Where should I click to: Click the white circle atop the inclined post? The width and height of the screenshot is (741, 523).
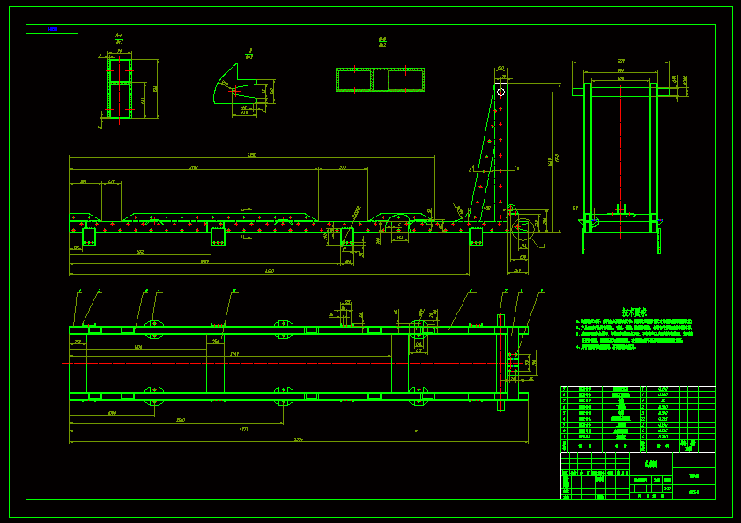pos(500,92)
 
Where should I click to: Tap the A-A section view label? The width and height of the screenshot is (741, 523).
pos(119,38)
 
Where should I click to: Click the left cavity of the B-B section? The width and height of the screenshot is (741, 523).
pos(354,80)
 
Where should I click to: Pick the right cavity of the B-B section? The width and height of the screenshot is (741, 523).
pos(404,80)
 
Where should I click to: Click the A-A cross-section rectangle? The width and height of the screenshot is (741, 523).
pos(119,88)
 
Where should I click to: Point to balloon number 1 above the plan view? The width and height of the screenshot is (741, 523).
pos(80,290)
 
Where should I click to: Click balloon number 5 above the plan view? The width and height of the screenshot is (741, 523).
pos(234,290)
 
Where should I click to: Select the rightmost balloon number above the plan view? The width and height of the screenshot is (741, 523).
pos(541,290)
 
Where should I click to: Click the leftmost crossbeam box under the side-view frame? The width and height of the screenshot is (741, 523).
pos(89,236)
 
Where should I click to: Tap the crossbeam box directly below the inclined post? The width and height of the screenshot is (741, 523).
pos(477,236)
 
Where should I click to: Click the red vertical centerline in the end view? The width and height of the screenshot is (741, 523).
pos(620,158)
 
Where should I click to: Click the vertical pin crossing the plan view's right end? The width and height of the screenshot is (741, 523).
pos(500,362)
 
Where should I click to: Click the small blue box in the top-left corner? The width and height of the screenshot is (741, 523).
pos(52,29)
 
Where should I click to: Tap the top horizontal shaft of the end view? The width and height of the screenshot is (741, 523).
pos(621,91)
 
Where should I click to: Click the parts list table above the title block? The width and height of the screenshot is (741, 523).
pos(638,412)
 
